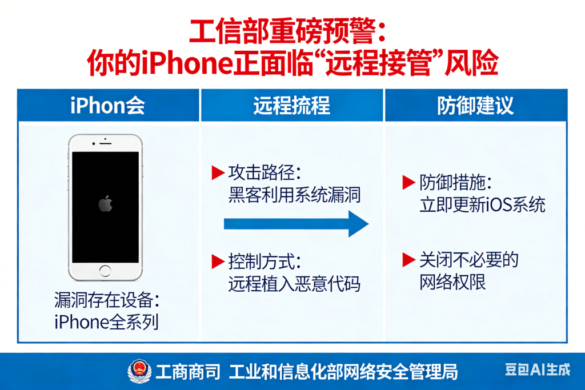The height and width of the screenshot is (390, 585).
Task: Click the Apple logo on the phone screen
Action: (x=105, y=204)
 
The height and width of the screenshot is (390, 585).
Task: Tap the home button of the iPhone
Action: (x=105, y=271)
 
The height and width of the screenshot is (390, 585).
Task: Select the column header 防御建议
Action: (x=475, y=106)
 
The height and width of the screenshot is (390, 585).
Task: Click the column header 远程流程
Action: (x=291, y=106)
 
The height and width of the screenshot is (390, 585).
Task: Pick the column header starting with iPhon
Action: (x=108, y=106)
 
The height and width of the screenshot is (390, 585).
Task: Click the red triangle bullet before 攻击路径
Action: (x=217, y=172)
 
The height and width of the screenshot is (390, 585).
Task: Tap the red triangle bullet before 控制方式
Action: (x=217, y=262)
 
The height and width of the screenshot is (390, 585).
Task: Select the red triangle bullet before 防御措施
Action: (x=408, y=183)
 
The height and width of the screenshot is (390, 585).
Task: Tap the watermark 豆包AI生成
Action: (x=537, y=370)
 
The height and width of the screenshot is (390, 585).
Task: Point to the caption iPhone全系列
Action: (x=106, y=322)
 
